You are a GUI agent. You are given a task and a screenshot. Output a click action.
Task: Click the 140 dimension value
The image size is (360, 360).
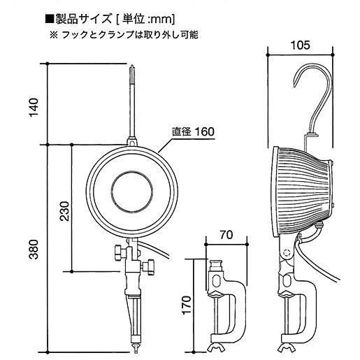tap(34, 108)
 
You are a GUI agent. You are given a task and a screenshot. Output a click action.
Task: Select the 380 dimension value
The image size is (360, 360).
tap(34, 250)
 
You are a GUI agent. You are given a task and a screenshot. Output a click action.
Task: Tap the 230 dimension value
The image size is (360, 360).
tap(64, 211)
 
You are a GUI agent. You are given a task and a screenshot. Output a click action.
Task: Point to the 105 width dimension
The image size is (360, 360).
tap(301, 45)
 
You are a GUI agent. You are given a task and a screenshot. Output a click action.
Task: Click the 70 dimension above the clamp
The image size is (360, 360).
tap(226, 235)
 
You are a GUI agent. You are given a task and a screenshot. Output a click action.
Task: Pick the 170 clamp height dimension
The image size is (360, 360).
tap(187, 305)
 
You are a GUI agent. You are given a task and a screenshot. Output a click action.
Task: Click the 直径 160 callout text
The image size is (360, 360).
tap(193, 131)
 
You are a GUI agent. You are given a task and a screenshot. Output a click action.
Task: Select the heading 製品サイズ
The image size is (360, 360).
tap(83, 19)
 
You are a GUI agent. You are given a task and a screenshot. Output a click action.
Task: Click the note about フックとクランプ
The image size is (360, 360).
tap(124, 35)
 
